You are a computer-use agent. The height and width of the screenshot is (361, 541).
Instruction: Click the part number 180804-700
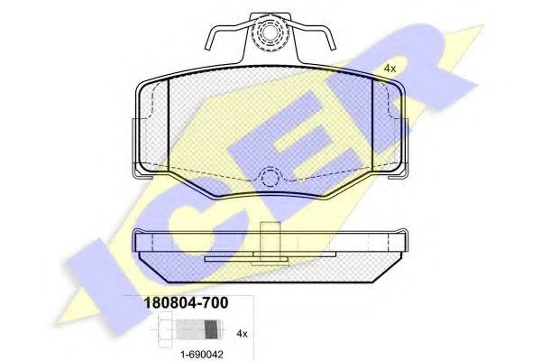point(186,303)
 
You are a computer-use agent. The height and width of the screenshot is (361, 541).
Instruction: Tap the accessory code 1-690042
point(202,354)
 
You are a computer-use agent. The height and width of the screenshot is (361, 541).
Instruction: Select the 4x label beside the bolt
point(242,334)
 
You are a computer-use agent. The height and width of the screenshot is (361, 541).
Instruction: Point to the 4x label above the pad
point(390,69)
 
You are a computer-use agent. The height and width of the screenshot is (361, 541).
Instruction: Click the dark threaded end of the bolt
point(213,329)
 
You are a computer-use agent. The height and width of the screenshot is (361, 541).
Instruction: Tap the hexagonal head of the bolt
point(165,329)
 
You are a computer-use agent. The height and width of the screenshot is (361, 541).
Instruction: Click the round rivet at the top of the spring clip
point(270,32)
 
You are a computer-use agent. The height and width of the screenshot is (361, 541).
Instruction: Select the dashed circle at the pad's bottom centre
point(270,178)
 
